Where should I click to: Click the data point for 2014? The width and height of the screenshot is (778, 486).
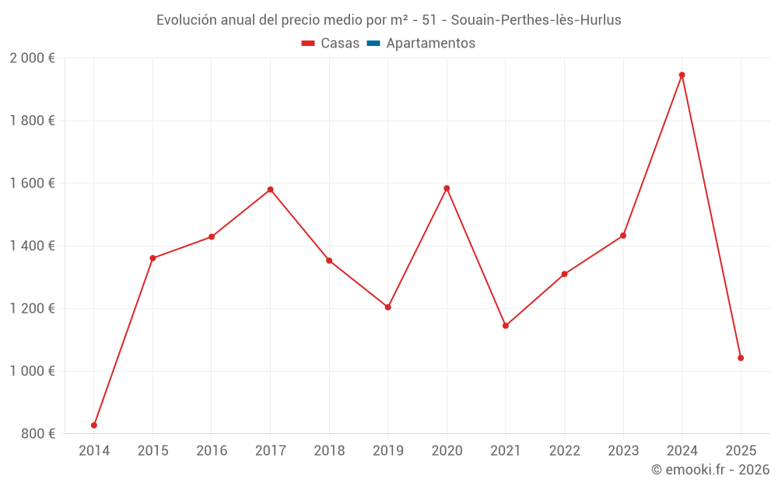click(94, 425)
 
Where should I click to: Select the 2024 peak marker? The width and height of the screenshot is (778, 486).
click(682, 75)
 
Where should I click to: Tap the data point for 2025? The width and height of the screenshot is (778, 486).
click(741, 358)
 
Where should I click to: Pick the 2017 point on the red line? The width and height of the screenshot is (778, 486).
click(270, 190)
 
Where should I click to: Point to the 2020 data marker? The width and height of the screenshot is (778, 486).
click(447, 188)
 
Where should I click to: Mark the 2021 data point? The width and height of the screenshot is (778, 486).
click(506, 326)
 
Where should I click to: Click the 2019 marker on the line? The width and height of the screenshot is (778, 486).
click(387, 307)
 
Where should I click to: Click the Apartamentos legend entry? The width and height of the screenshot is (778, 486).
click(430, 44)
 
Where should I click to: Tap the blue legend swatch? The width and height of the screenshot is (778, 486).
click(373, 44)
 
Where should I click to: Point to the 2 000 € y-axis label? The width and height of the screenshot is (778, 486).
click(32, 58)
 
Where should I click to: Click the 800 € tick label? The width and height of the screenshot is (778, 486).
click(38, 434)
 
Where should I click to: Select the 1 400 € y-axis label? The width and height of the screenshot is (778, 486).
click(32, 246)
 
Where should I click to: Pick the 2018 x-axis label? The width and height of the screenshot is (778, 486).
click(329, 451)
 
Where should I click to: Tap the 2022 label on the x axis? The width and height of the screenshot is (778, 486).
click(564, 451)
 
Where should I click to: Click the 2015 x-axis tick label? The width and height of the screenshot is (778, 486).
click(152, 451)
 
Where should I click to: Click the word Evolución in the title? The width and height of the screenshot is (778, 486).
click(187, 20)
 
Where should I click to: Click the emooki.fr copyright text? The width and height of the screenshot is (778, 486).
click(710, 470)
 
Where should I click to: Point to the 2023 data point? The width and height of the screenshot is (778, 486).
click(623, 236)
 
